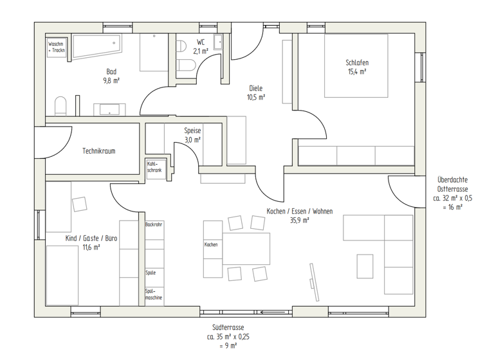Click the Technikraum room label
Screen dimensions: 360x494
click(x=98, y=151)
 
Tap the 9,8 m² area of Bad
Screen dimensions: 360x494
click(x=111, y=81)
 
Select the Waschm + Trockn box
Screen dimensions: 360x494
click(x=57, y=46)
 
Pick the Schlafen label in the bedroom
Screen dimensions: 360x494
click(x=357, y=62)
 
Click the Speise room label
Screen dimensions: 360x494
click(x=192, y=130)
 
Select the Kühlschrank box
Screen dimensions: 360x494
click(x=154, y=166)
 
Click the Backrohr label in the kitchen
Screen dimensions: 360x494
click(x=154, y=224)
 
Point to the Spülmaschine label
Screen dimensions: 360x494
click(x=154, y=295)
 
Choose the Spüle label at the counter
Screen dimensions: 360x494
click(x=151, y=273)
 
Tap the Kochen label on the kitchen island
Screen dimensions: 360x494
click(x=211, y=244)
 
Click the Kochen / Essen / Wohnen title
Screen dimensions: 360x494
click(x=299, y=211)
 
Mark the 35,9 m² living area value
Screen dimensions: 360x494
click(x=299, y=220)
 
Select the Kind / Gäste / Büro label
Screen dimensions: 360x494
click(x=91, y=238)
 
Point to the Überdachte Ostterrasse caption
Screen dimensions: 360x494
click(x=452, y=184)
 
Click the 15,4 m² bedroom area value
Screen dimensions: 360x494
click(x=357, y=72)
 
